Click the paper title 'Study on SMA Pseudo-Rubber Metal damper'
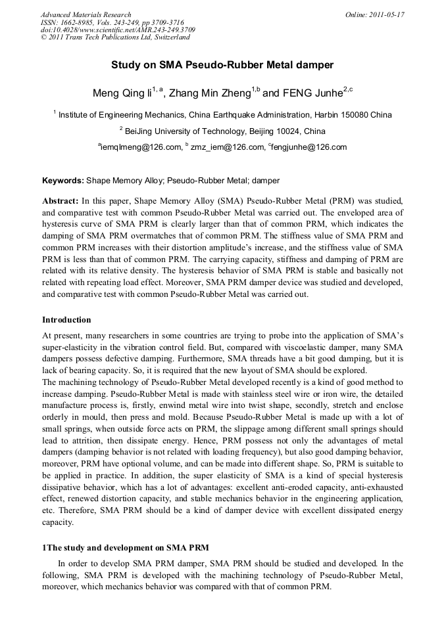pos(222,65)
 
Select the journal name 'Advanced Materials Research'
pos(86,14)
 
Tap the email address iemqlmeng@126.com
pos(140,147)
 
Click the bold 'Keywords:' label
pos(63,180)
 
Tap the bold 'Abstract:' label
pos(61,199)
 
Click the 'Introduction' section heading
pos(66,320)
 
